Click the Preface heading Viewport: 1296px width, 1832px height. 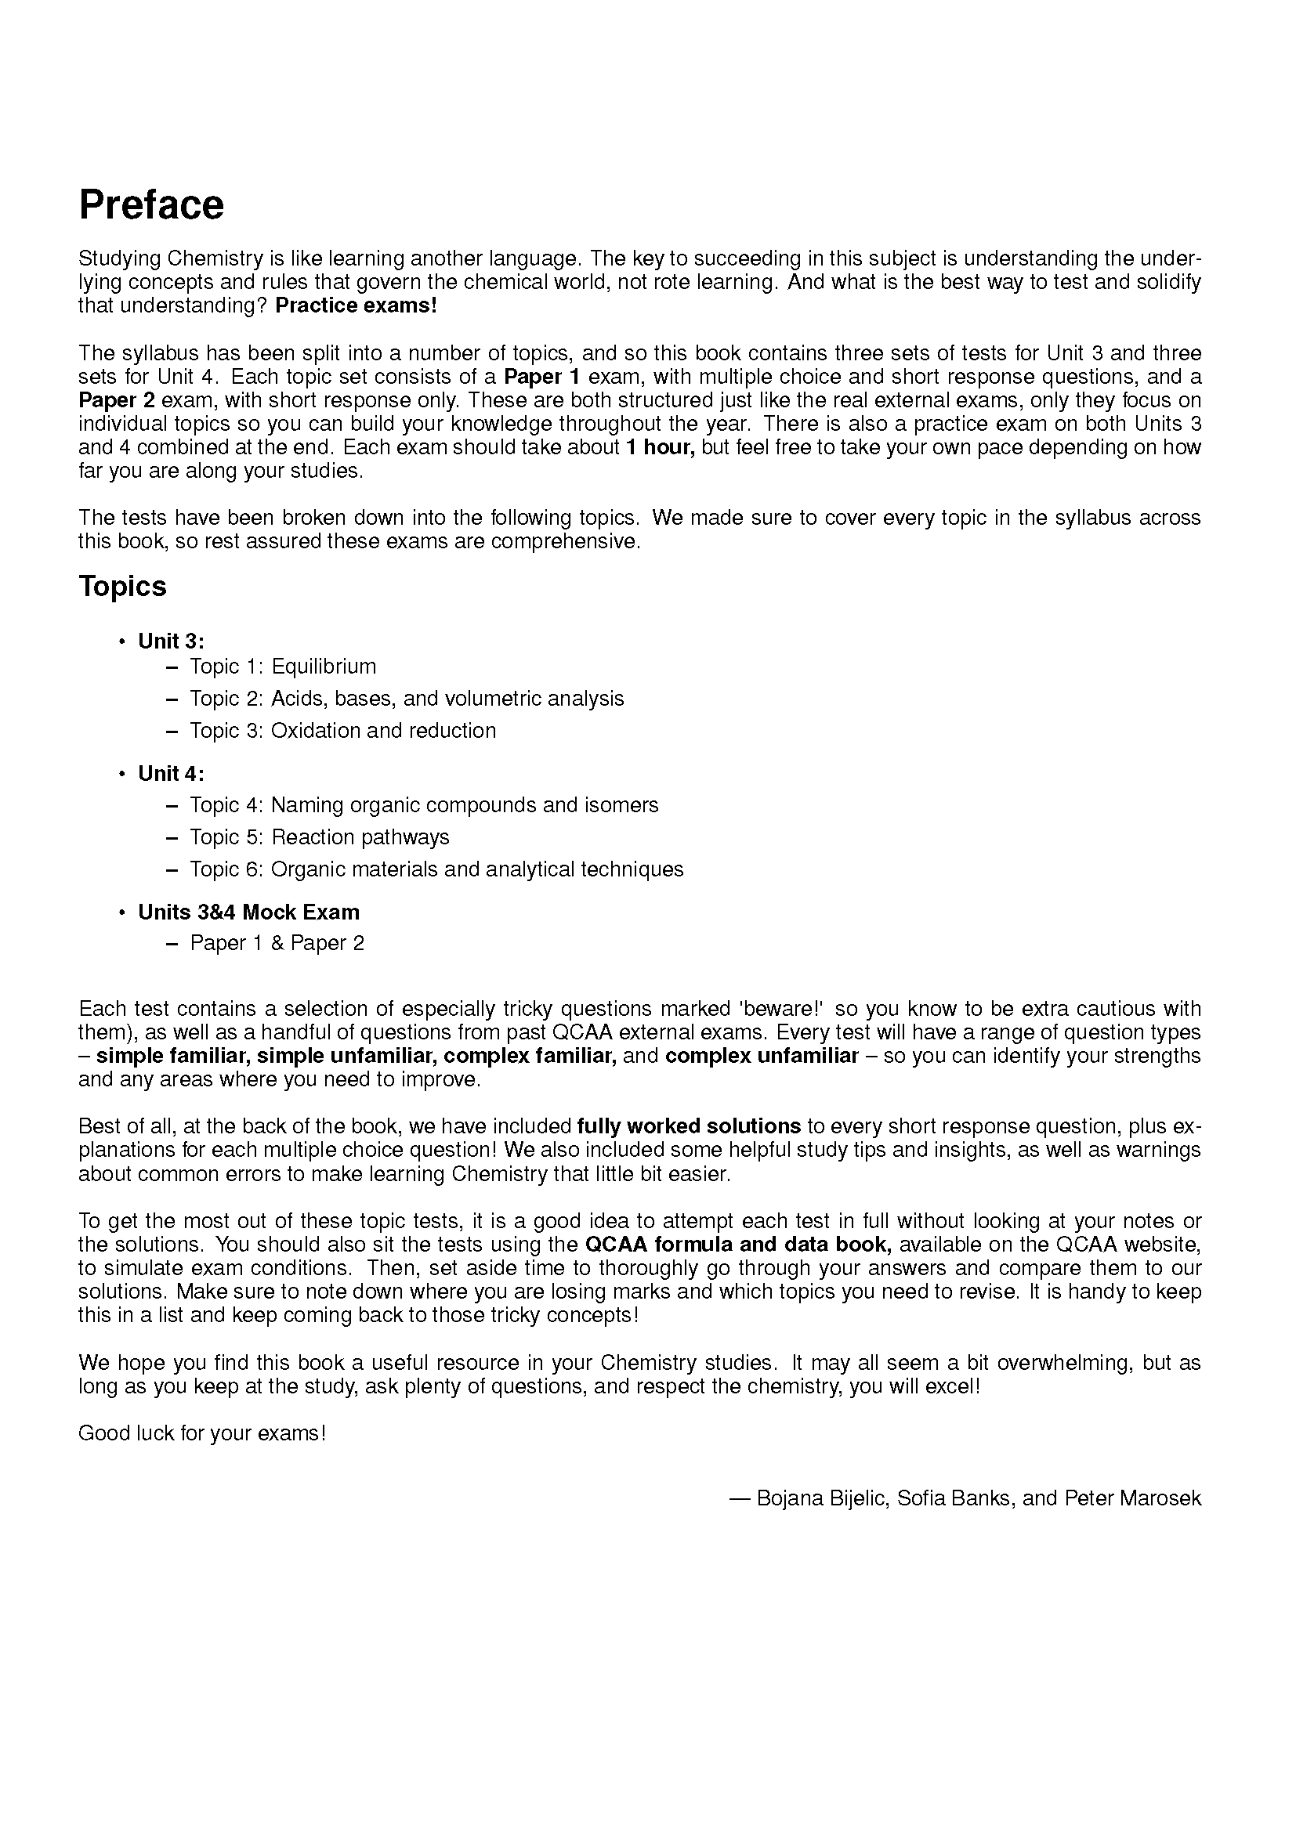(152, 205)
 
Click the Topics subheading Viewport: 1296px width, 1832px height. (122, 587)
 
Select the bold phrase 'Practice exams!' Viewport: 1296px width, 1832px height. (356, 306)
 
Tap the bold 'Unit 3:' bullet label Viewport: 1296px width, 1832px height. (172, 641)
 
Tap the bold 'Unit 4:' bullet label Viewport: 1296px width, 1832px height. (172, 774)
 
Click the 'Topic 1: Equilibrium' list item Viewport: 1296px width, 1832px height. (283, 667)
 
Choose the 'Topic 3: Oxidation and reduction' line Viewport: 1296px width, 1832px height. (342, 731)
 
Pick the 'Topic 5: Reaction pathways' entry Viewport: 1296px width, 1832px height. (319, 837)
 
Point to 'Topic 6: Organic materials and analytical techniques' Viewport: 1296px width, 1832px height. (436, 869)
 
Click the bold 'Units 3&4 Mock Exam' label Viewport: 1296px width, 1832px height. (249, 912)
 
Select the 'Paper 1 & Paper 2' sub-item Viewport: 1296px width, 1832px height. (277, 944)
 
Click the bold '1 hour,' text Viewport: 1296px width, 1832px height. (660, 448)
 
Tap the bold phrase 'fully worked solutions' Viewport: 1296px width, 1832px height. (689, 1126)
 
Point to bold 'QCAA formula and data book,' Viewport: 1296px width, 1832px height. (738, 1245)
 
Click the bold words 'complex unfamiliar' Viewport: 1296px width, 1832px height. (762, 1057)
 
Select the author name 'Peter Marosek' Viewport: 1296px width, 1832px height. (1132, 1498)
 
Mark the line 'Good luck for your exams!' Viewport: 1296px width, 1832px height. (202, 1434)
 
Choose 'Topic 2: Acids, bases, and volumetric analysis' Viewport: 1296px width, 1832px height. (406, 699)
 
